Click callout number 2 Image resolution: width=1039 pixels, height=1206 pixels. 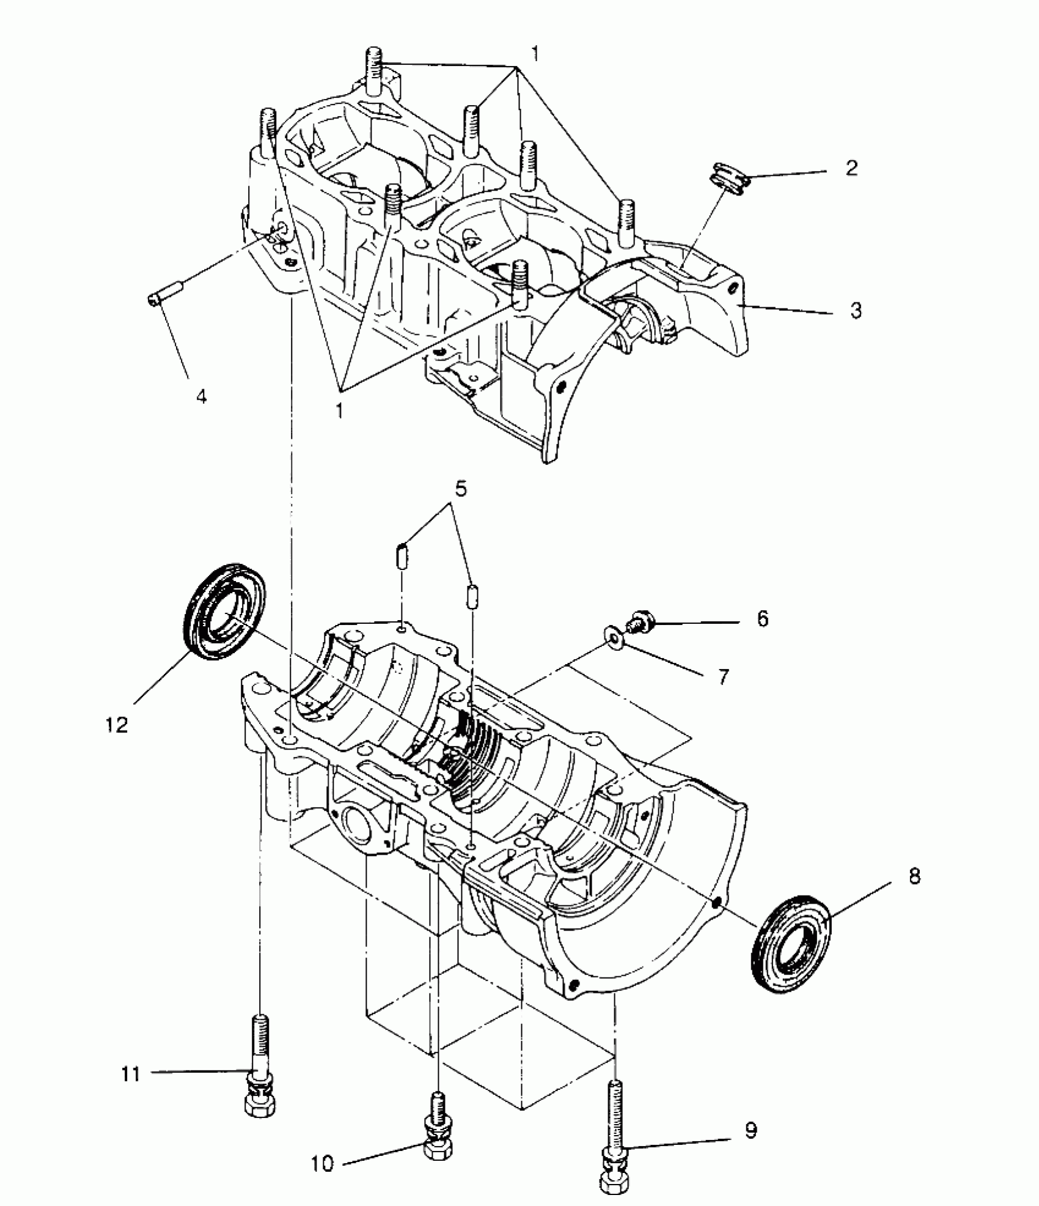[851, 168]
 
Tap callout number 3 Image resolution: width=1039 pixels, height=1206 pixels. [856, 310]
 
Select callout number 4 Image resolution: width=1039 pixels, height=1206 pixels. [201, 397]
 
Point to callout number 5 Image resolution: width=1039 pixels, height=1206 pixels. [461, 489]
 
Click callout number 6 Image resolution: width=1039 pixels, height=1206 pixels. [762, 619]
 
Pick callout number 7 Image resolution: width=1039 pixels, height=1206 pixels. [723, 676]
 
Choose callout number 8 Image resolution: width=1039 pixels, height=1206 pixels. [914, 877]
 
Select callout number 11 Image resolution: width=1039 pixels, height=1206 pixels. [131, 1073]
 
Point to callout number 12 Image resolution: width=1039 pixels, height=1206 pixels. [117, 725]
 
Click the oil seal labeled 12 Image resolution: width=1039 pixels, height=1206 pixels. [224, 611]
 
